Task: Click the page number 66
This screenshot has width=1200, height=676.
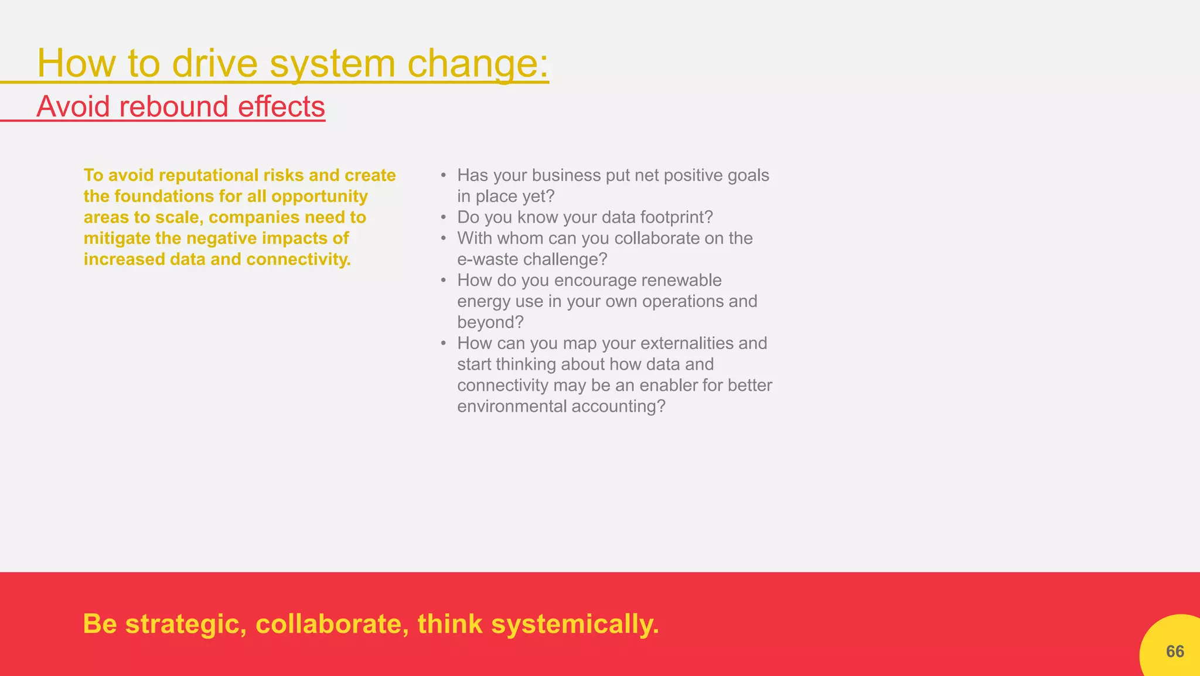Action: (x=1175, y=651)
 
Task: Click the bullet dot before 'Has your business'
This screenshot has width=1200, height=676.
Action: (x=444, y=176)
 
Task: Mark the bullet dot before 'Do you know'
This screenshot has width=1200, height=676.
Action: (x=444, y=218)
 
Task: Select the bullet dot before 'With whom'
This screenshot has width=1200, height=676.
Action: (x=444, y=239)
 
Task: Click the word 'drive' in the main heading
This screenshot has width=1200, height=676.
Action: (x=214, y=63)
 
